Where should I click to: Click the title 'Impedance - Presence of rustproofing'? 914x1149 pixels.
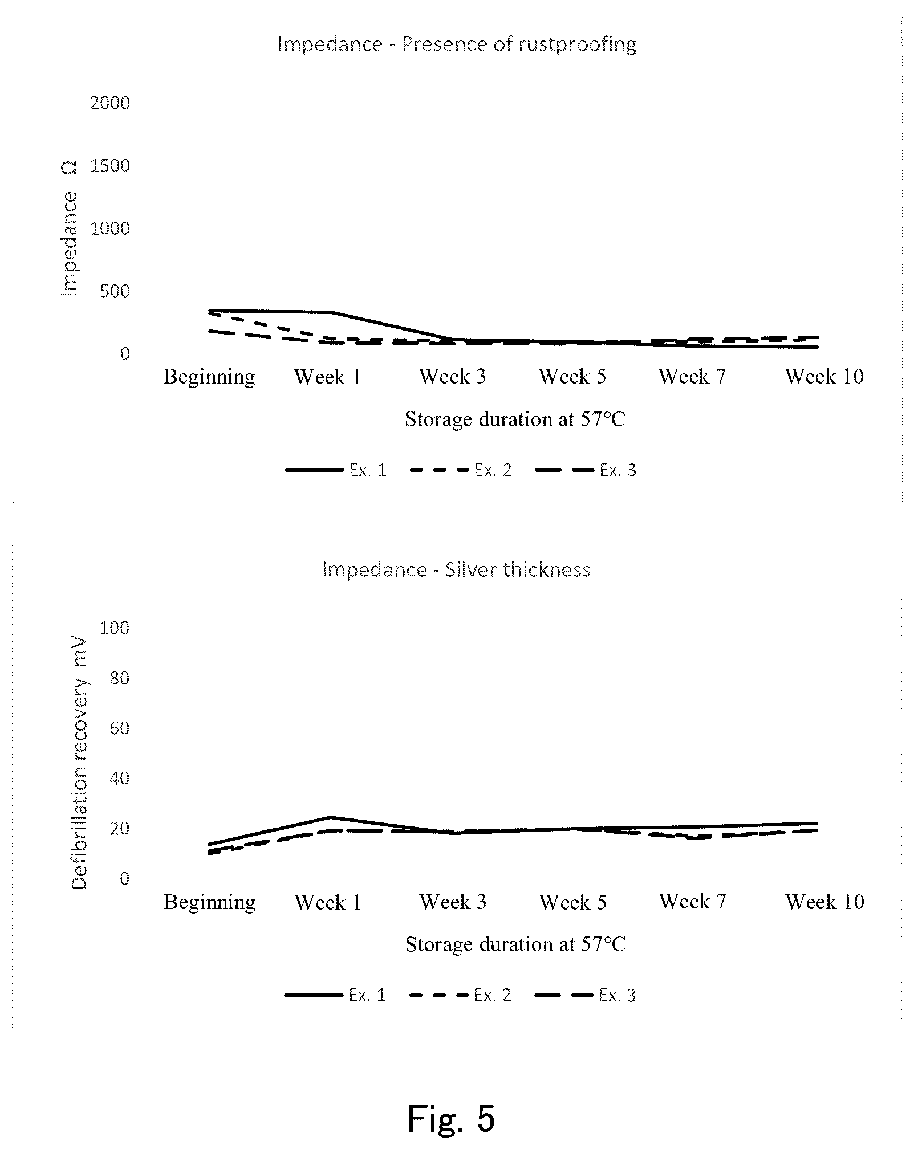click(x=457, y=44)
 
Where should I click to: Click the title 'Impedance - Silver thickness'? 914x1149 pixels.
click(x=456, y=569)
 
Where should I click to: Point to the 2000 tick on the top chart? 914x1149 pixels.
click(x=110, y=103)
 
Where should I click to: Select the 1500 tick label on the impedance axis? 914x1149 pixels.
click(x=110, y=166)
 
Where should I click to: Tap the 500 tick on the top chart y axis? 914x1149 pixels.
click(x=115, y=291)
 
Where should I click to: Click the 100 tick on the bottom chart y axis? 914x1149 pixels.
click(x=115, y=628)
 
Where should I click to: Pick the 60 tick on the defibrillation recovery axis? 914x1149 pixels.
click(x=120, y=728)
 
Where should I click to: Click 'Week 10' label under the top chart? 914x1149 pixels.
click(x=824, y=377)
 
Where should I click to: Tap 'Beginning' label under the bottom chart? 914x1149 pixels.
click(x=210, y=903)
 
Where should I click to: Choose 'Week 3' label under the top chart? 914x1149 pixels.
click(x=453, y=377)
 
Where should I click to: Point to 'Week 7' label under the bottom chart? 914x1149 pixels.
click(x=693, y=902)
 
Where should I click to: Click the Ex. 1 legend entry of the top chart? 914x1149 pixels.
click(x=336, y=470)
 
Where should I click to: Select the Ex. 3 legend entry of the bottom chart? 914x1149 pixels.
click(x=586, y=996)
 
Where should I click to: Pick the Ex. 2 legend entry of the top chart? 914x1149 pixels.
click(x=461, y=470)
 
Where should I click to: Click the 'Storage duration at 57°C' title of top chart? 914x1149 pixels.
click(x=515, y=419)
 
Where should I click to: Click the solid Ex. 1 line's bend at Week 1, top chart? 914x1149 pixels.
click(x=331, y=312)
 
